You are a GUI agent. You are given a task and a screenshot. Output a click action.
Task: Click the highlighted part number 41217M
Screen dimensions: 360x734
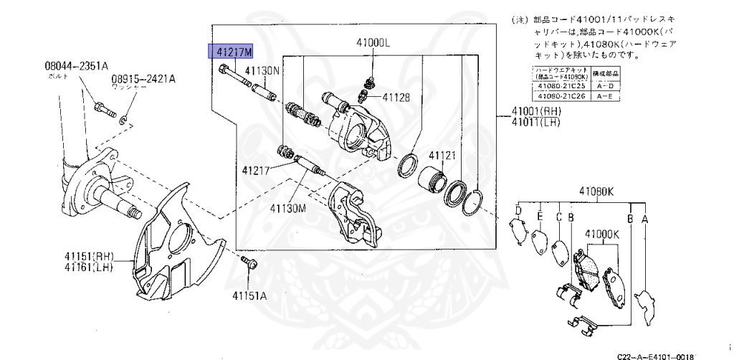click(x=231, y=52)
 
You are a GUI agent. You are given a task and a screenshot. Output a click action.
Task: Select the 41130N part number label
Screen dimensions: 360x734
click(x=262, y=71)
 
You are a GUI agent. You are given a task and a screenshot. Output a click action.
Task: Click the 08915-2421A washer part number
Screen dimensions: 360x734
click(x=143, y=79)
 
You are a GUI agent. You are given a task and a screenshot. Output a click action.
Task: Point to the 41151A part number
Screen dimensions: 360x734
click(x=249, y=295)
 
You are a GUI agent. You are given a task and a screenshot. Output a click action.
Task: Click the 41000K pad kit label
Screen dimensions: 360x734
click(x=601, y=234)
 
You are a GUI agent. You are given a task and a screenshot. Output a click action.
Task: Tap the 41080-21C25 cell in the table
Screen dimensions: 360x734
click(x=562, y=86)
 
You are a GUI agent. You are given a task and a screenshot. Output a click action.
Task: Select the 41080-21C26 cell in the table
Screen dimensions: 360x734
click(x=562, y=95)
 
